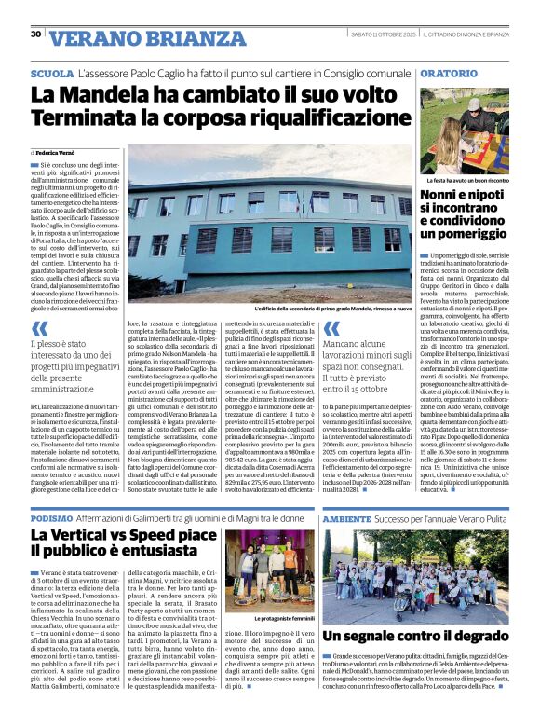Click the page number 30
click(x=35, y=34)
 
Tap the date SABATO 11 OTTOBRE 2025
click(x=371, y=34)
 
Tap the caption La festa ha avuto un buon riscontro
click(x=464, y=178)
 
